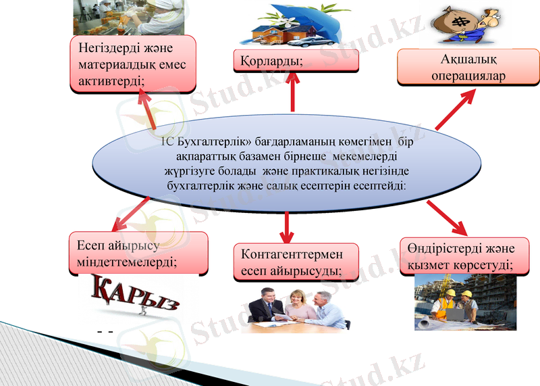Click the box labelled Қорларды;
(x=296, y=61)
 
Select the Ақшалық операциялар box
(x=468, y=68)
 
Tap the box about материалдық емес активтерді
(x=133, y=64)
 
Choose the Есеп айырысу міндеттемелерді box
(x=138, y=253)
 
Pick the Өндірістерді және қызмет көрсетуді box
(x=464, y=256)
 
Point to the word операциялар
(x=468, y=76)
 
